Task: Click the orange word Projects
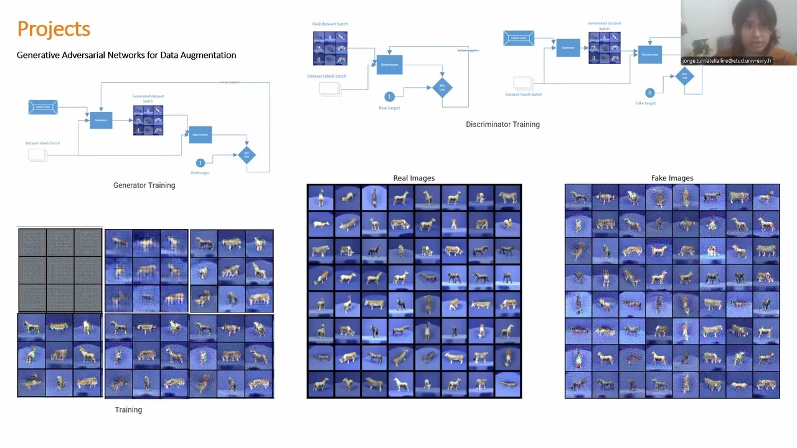[54, 29]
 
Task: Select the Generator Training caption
[144, 185]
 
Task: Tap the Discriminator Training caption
[502, 124]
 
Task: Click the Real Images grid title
[413, 178]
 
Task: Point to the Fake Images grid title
[672, 178]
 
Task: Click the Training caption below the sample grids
[128, 409]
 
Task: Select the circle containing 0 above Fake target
[649, 93]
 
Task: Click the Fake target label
[645, 103]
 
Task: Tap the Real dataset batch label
[330, 24]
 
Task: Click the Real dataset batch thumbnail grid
[330, 48]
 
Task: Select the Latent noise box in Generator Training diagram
[43, 107]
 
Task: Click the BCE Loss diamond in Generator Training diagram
[247, 154]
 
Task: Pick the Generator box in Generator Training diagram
[101, 120]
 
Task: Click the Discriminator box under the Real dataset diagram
[389, 65]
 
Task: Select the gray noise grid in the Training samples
[60, 270]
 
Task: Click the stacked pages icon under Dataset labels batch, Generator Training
[37, 155]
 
